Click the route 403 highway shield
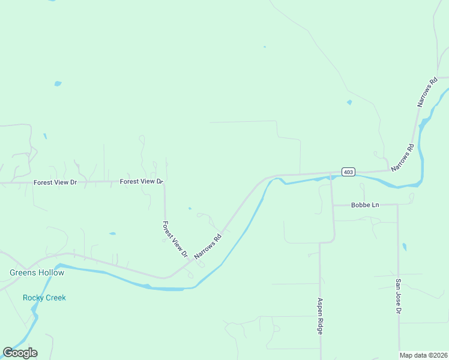point(348,172)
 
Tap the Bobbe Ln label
point(365,205)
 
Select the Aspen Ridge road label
point(321,316)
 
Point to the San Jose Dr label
point(398,296)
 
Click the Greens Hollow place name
point(37,272)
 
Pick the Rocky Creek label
point(44,298)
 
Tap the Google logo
point(20,353)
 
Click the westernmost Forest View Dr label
point(56,182)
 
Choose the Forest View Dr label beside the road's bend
point(142,181)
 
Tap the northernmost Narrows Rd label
point(429,92)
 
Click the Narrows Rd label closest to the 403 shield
point(403,157)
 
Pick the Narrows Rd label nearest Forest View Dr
point(208,247)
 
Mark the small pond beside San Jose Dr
point(404,247)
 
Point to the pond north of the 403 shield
point(349,103)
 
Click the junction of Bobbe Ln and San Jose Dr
point(397,205)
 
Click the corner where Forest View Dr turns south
point(164,182)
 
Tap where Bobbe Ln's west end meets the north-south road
point(333,205)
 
